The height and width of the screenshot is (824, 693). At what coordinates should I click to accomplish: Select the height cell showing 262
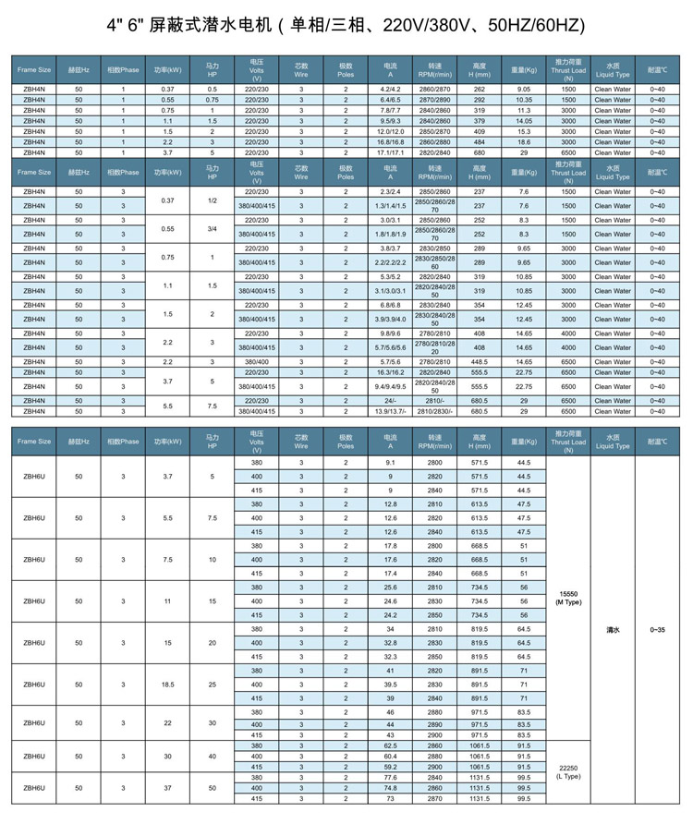click(479, 89)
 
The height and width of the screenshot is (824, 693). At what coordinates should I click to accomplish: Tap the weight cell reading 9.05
click(524, 89)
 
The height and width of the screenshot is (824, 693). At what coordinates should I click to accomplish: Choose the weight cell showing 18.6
click(524, 142)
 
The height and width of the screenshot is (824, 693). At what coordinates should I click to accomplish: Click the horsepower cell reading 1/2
click(212, 200)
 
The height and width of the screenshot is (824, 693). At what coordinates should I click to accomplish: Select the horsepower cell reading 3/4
click(212, 228)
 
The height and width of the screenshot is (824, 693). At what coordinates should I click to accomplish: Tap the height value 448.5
click(479, 362)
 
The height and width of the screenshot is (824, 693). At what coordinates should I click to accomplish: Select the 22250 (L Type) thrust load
click(568, 772)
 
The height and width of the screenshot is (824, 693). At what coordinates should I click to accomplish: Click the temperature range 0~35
click(657, 629)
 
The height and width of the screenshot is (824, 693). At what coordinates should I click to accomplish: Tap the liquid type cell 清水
click(613, 629)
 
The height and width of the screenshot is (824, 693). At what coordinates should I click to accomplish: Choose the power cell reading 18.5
click(167, 685)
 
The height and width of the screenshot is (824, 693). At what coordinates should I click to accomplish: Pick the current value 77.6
click(390, 778)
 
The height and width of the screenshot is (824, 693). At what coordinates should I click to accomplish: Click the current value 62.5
click(390, 745)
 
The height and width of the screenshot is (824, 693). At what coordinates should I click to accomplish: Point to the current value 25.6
click(390, 588)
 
